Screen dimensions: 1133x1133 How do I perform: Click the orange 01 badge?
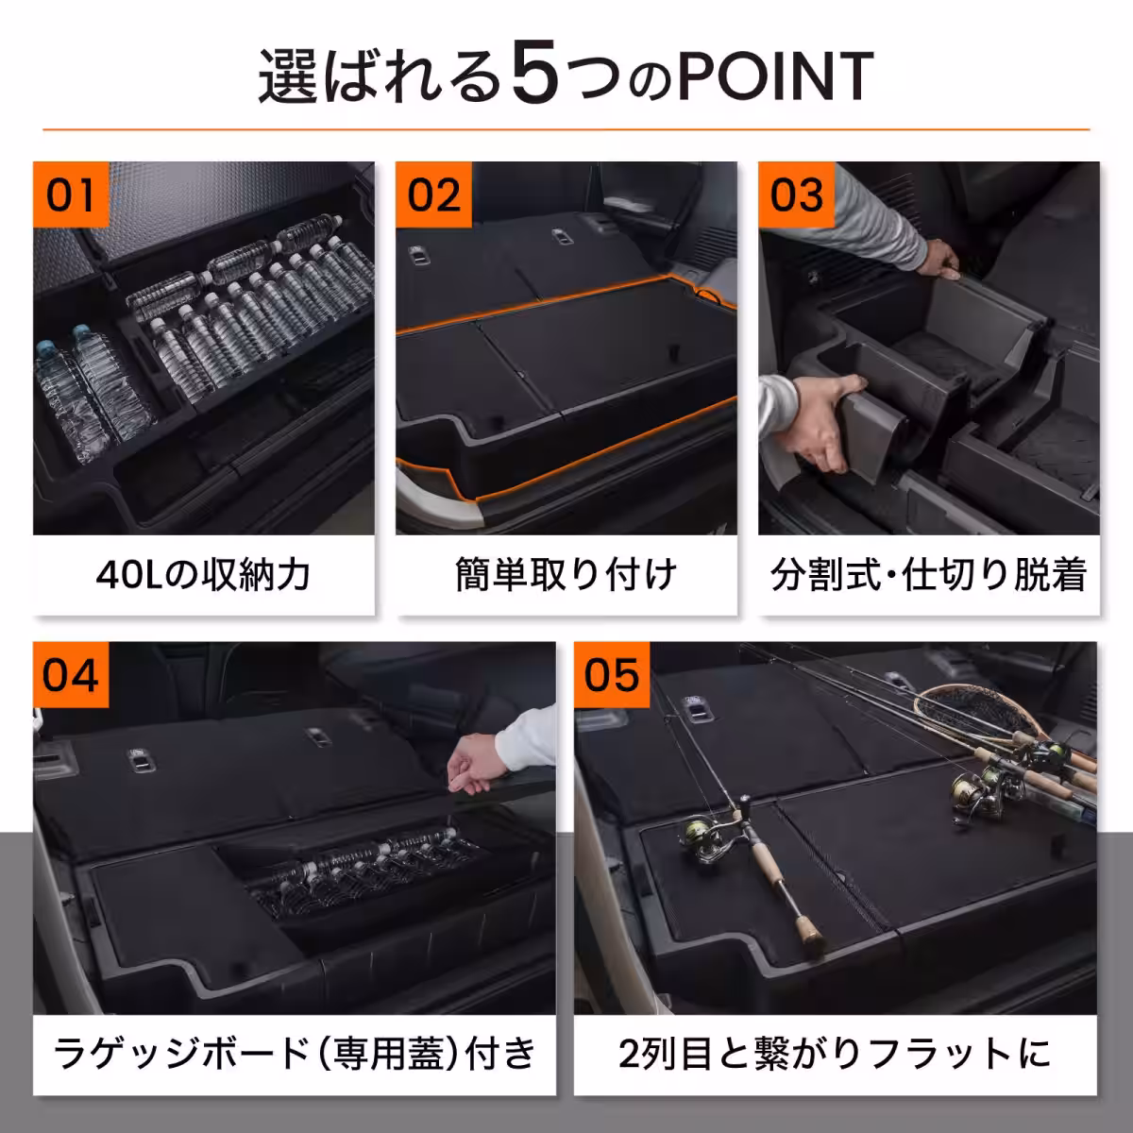(72, 195)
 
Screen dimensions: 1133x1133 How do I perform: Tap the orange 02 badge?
(434, 195)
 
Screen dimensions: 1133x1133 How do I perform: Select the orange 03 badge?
(797, 195)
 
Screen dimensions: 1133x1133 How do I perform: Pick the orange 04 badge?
(72, 676)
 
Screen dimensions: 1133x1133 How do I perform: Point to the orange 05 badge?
(612, 676)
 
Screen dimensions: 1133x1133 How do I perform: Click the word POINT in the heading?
(774, 77)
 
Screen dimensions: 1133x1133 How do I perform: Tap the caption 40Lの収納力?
(203, 574)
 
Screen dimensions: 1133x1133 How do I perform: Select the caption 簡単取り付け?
(566, 574)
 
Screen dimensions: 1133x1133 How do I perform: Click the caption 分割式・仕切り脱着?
(928, 574)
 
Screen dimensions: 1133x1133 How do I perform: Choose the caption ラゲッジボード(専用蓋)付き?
(295, 1054)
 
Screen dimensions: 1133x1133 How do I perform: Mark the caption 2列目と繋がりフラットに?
(835, 1054)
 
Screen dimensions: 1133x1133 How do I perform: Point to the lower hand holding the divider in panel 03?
(831, 415)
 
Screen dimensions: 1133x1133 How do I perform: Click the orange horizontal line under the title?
(566, 128)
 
